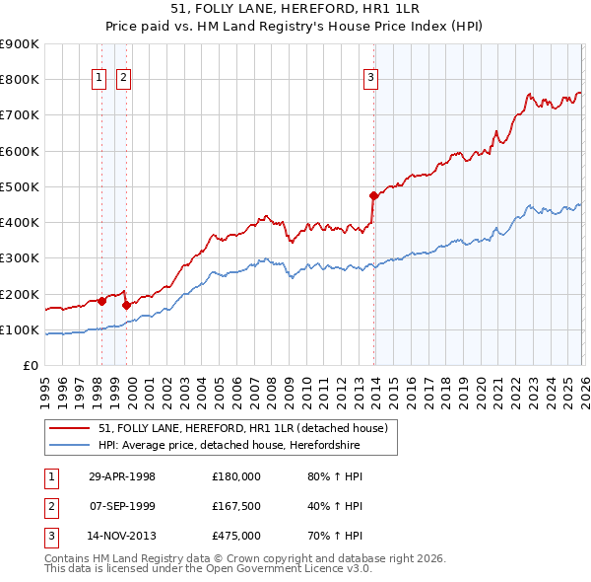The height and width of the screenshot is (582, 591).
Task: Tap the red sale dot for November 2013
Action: tap(373, 195)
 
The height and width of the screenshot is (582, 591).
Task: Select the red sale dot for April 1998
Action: tap(101, 301)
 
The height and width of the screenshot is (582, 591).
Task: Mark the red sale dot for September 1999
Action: tap(125, 305)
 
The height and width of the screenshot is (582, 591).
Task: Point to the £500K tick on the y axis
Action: tap(20, 186)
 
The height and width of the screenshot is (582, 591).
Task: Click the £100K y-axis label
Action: tap(20, 329)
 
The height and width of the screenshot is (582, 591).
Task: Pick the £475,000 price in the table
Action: tap(235, 536)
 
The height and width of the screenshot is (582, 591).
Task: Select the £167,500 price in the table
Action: tap(235, 506)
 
